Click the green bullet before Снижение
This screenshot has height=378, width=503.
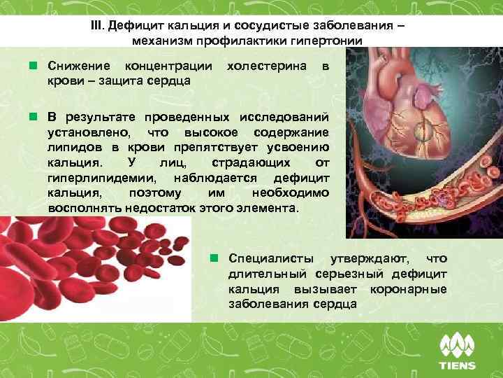pyautogui.click(x=33, y=65)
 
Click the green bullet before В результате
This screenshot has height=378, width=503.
pyautogui.click(x=33, y=115)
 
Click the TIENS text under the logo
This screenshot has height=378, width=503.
pyautogui.click(x=457, y=365)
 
